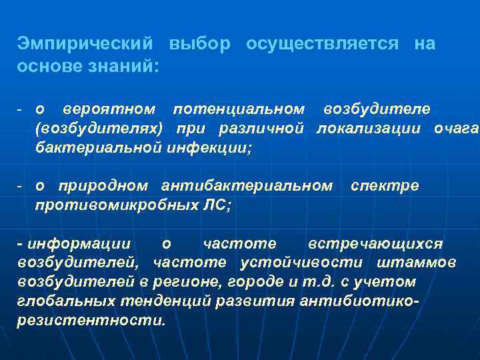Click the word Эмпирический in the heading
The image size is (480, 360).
[x=86, y=45]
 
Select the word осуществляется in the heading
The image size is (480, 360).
[x=322, y=45]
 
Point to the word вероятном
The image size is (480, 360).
[x=109, y=108]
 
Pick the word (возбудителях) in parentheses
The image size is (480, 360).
[x=98, y=128]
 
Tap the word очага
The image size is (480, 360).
[x=456, y=128]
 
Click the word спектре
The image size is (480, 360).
[x=385, y=185]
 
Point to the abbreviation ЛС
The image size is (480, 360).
[x=217, y=206]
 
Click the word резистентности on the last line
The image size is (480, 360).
[x=90, y=320]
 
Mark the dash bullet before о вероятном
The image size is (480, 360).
[x=21, y=109]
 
